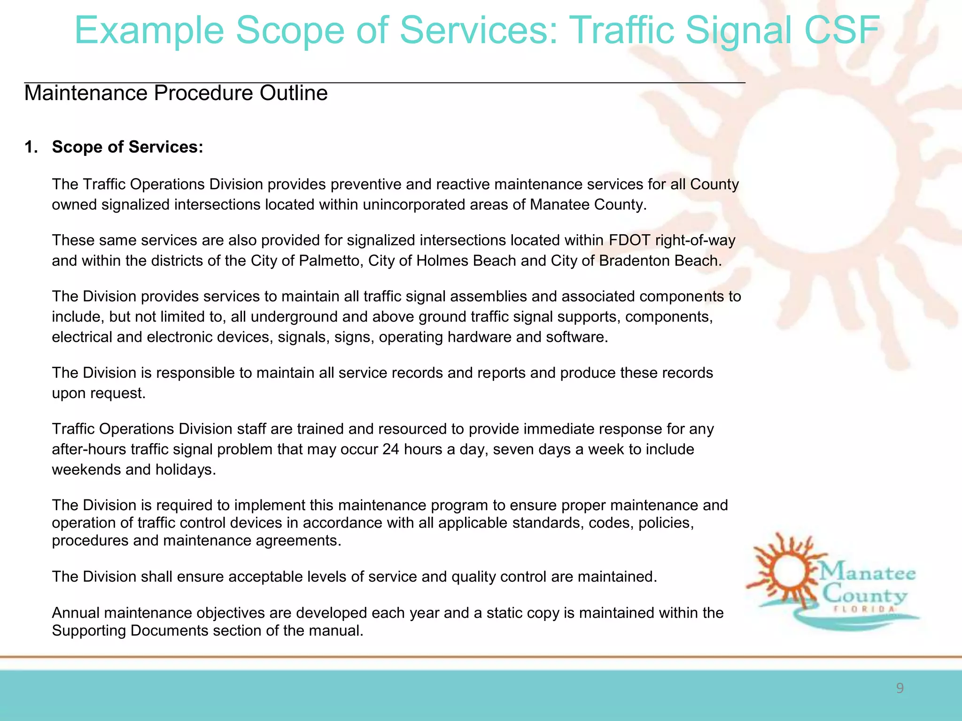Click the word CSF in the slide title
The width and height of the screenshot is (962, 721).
(841, 30)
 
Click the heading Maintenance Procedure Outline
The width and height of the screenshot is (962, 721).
(176, 93)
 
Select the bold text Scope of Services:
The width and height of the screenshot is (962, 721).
(127, 147)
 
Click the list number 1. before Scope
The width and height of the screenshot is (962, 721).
(31, 147)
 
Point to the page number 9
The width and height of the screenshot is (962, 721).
(900, 688)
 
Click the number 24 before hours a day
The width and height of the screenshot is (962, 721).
(391, 449)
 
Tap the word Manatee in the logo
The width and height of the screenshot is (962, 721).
(868, 574)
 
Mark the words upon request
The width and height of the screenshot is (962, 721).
(98, 393)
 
